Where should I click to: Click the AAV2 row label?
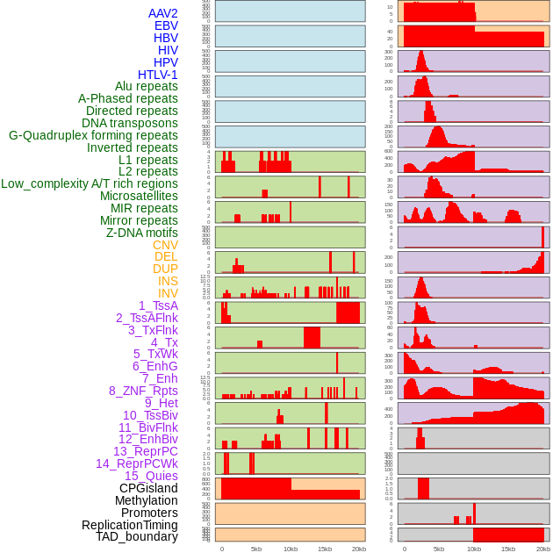click(x=162, y=13)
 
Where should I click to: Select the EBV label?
click(x=166, y=25)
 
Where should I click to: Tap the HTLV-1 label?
click(x=157, y=75)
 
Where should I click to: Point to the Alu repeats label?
click(x=146, y=86)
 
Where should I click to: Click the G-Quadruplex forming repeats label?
click(x=93, y=135)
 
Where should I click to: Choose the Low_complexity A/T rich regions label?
click(x=90, y=183)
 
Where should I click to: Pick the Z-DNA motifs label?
click(x=141, y=233)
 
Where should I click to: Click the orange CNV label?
click(x=165, y=245)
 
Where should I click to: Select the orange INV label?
click(x=168, y=293)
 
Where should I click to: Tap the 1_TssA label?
click(x=158, y=305)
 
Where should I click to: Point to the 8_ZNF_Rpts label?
click(x=143, y=391)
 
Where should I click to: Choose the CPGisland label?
click(x=148, y=488)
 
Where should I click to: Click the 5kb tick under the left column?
click(x=256, y=549)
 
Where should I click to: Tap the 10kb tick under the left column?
click(x=291, y=549)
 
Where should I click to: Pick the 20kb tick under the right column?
click(x=543, y=549)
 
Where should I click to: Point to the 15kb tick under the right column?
click(x=508, y=549)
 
